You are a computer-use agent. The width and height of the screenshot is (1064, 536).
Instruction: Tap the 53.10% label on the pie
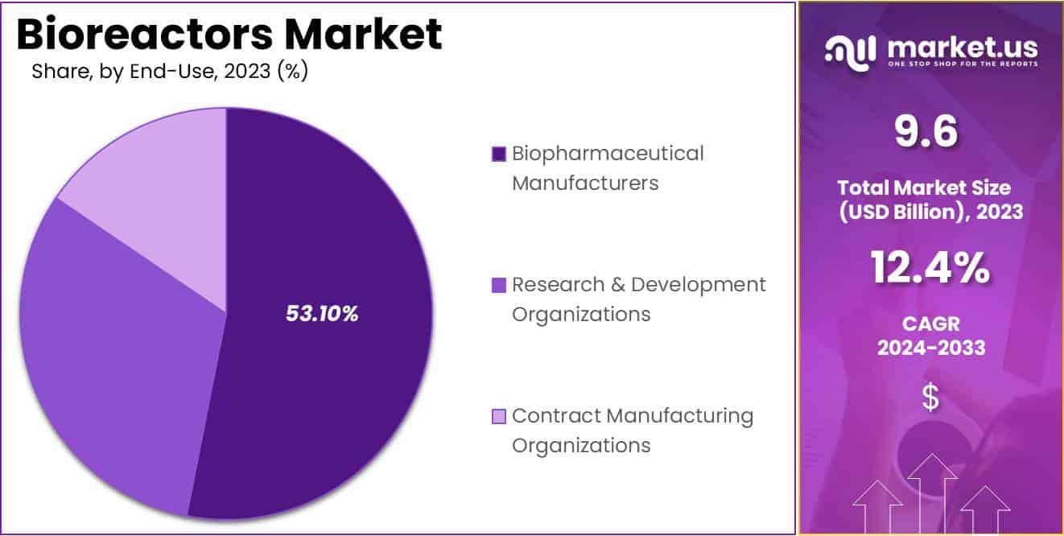pyautogui.click(x=322, y=314)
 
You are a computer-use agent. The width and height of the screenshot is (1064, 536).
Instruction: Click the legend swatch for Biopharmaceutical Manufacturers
pyautogui.click(x=499, y=154)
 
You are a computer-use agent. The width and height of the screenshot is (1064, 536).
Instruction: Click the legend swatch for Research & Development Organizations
pyautogui.click(x=499, y=284)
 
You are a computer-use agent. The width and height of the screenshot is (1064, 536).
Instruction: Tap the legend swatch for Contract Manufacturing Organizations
pyautogui.click(x=499, y=416)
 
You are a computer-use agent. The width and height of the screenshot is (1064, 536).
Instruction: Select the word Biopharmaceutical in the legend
pyautogui.click(x=608, y=154)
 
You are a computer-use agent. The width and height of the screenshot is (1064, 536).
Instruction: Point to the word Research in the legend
pyautogui.click(x=555, y=284)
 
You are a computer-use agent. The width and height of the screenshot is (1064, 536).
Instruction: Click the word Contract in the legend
pyautogui.click(x=555, y=416)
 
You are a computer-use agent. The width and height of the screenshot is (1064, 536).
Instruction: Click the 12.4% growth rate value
pyautogui.click(x=930, y=268)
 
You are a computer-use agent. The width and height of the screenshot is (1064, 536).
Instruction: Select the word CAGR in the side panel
pyautogui.click(x=930, y=324)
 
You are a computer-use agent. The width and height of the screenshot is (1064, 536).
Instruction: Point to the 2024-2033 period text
pyautogui.click(x=930, y=348)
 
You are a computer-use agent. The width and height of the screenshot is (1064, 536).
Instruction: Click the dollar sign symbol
pyautogui.click(x=930, y=398)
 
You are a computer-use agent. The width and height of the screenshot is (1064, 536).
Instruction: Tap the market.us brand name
pyautogui.click(x=962, y=49)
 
